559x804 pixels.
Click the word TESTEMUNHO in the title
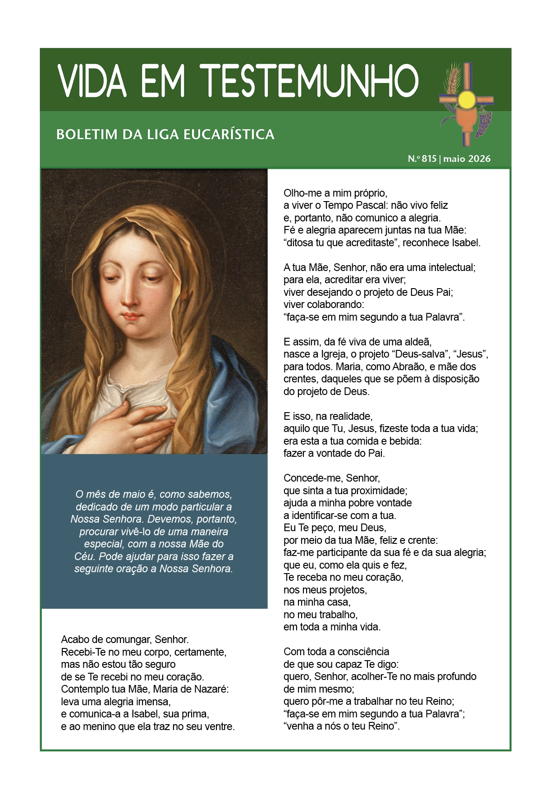point(311,81)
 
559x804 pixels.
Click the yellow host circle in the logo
point(467,99)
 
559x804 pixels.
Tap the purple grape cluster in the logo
point(484,123)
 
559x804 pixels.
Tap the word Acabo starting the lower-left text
point(74,639)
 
